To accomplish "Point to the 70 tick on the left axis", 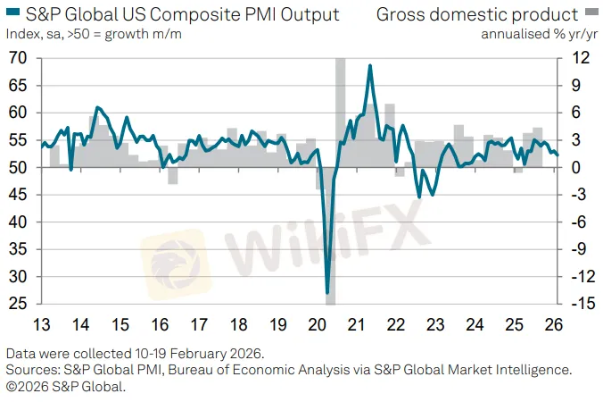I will point(18,59).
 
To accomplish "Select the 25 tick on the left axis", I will point(18,305).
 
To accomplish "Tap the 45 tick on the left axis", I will point(18,195).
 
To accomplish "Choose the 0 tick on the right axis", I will point(581,168).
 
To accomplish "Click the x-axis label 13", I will point(41,324).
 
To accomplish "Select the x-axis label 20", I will point(316,324).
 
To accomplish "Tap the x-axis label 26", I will point(552,324).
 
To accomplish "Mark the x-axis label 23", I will point(434,324).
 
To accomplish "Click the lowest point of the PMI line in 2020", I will point(327,292).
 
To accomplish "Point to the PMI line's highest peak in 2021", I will point(369,65).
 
